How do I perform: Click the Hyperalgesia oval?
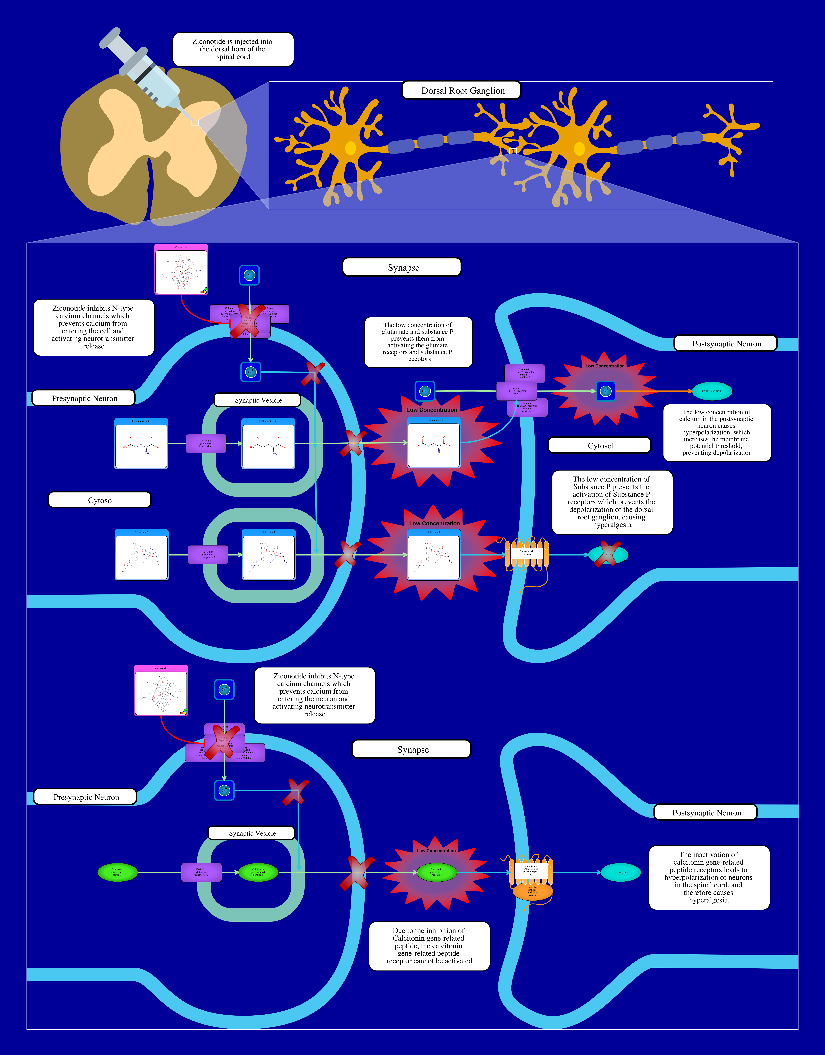tap(621, 872)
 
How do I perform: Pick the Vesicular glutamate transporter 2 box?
tap(208, 555)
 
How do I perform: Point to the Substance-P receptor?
tap(527, 553)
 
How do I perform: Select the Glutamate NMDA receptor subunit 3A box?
tap(516, 391)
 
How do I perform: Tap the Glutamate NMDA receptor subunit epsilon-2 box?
tap(525, 373)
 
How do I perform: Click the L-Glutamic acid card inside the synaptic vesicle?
tap(268, 444)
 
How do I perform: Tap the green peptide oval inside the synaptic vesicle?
tap(258, 872)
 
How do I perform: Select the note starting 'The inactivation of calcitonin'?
tap(709, 877)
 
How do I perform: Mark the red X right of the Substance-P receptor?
tap(608, 554)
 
